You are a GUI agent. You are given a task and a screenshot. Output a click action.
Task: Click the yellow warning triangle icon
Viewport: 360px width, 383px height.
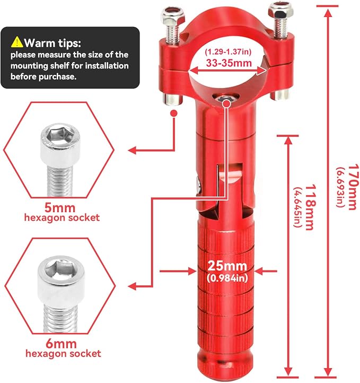click(x=17, y=42)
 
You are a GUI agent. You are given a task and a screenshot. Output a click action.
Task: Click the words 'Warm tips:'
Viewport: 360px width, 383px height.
click(x=52, y=43)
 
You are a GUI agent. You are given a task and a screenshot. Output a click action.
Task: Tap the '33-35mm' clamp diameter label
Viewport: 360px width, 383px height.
click(x=229, y=63)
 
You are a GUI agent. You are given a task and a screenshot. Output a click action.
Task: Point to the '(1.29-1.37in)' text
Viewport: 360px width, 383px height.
click(x=228, y=52)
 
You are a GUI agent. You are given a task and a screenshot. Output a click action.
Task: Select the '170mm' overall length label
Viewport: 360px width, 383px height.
click(x=353, y=187)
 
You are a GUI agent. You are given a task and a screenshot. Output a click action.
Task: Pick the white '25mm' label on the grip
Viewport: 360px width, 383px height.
click(x=227, y=266)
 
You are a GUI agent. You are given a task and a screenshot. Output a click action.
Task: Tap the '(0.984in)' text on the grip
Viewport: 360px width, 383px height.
click(x=227, y=278)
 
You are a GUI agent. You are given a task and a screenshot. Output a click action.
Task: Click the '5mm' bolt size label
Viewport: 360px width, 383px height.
click(x=60, y=208)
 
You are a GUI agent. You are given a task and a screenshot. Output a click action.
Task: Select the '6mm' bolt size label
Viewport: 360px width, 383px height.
click(x=62, y=344)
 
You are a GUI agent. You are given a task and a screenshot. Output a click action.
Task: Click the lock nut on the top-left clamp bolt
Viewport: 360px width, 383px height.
click(x=172, y=15)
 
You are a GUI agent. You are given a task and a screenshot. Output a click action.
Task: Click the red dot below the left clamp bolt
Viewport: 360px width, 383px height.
click(x=174, y=114)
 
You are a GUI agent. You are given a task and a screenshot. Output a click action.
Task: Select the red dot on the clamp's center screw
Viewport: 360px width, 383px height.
click(x=227, y=103)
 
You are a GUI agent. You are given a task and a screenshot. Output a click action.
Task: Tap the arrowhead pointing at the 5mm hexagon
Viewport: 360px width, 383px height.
click(x=132, y=150)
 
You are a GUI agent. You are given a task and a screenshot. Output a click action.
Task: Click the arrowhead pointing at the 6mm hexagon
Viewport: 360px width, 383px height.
click(x=132, y=285)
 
